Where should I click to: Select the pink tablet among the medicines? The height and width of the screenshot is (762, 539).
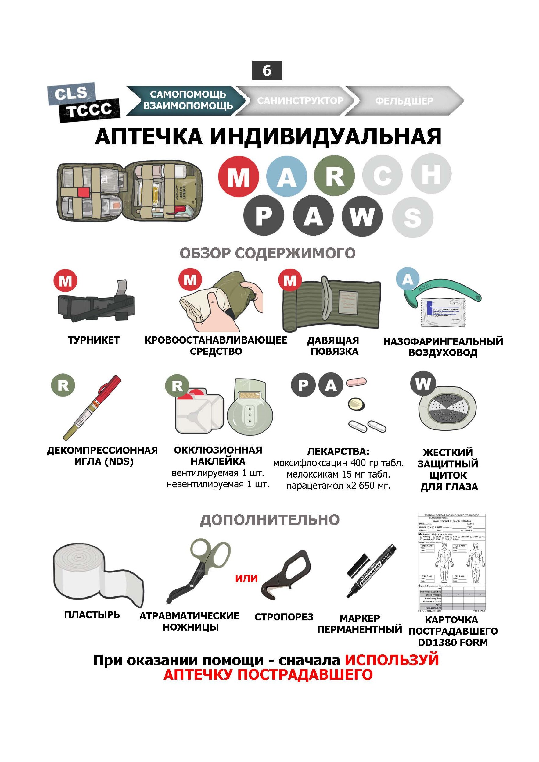tap(356, 382)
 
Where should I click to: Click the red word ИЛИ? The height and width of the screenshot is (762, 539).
tap(246, 578)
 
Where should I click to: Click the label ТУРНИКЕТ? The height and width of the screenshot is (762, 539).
tap(93, 340)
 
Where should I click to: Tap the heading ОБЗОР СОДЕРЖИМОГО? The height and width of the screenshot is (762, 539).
tap(267, 253)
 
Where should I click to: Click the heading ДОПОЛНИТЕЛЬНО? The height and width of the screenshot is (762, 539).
tap(269, 520)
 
